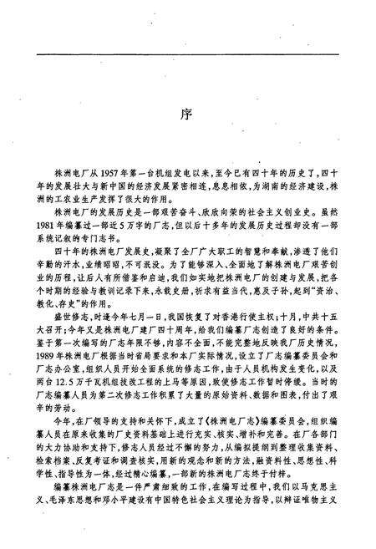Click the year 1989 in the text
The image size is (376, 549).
[52, 361]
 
